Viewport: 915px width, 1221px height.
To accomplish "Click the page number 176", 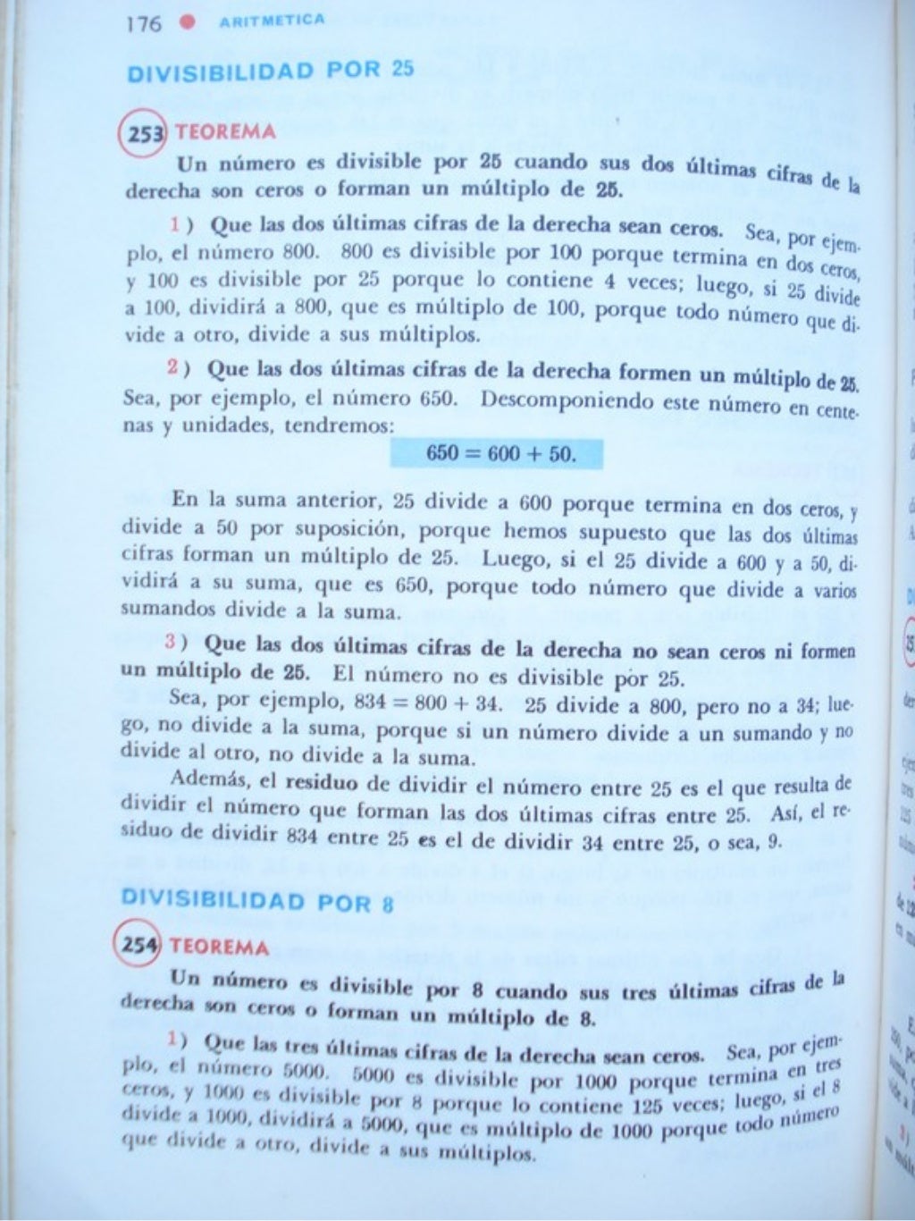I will [144, 23].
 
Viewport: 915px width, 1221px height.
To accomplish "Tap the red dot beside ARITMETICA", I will [187, 22].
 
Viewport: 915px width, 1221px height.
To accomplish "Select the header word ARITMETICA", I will [272, 21].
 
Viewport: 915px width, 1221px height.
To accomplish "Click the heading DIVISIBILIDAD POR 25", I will [271, 71].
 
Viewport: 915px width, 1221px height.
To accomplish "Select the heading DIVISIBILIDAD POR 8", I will [257, 900].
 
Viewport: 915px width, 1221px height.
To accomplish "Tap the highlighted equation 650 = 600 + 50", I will [498, 454].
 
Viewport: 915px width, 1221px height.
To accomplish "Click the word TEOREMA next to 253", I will [225, 132].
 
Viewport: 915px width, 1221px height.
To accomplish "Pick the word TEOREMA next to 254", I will [219, 946].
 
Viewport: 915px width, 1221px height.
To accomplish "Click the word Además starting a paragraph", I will [210, 779].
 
